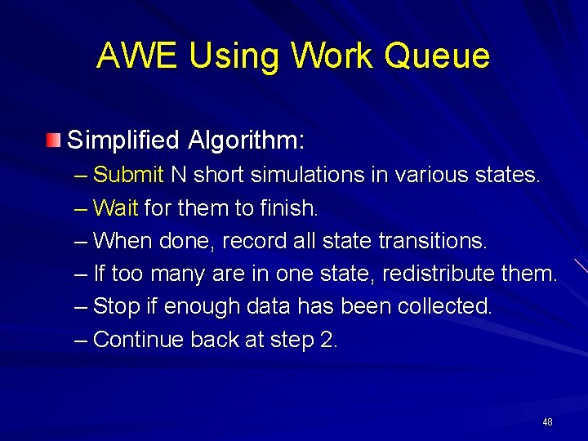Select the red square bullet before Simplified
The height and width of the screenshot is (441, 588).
tap(53, 140)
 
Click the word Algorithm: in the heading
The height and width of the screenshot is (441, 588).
tap(246, 140)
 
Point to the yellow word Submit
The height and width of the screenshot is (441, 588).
tap(129, 175)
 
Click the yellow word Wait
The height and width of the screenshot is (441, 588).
tap(116, 208)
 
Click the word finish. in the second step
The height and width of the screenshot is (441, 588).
tap(290, 208)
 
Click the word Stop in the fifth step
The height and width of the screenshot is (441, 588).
tap(117, 306)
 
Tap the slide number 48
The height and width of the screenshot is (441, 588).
tap(546, 422)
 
